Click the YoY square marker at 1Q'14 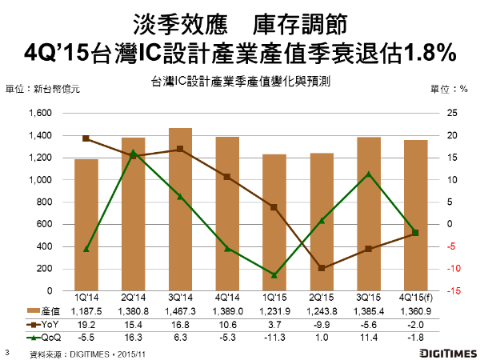click(86, 138)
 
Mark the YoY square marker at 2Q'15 click(322, 268)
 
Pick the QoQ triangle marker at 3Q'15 click(369, 174)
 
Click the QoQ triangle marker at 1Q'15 click(274, 274)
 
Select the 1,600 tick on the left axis click(39, 113)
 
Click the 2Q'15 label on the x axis click(322, 298)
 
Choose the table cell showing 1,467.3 click(180, 310)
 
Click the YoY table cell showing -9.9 click(322, 323)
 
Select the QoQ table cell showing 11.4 click(369, 336)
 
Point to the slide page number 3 click(7, 350)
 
